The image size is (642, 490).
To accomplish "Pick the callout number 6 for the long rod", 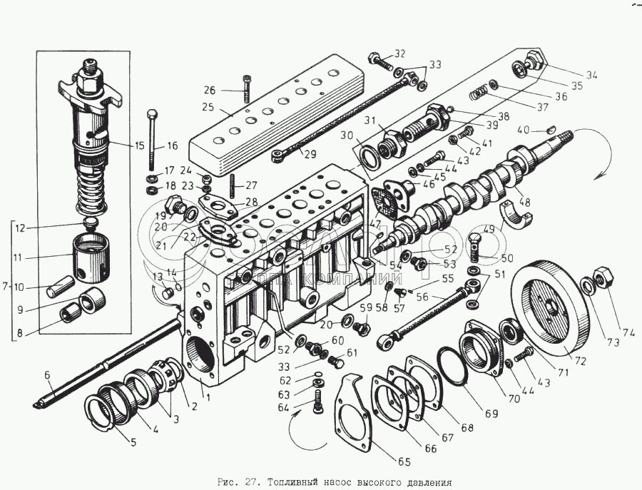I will click(x=48, y=375).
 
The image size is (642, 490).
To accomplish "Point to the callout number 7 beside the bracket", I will click(x=6, y=286).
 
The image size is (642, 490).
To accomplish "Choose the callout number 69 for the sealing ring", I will click(x=469, y=414).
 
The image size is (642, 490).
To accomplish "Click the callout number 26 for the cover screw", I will click(x=209, y=90).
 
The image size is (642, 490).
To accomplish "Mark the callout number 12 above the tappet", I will click(x=21, y=228).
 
